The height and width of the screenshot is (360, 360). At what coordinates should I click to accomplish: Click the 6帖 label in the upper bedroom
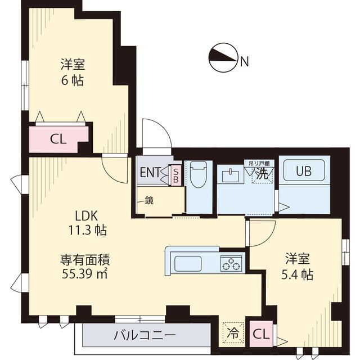coord(73,80)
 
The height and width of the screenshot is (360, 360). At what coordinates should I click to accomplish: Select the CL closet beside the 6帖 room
coord(58,138)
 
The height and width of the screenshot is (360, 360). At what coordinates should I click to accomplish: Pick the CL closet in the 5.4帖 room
coord(260,334)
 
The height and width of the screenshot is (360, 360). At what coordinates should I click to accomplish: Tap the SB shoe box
coord(175,173)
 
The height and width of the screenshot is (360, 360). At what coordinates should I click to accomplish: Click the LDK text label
coord(87,215)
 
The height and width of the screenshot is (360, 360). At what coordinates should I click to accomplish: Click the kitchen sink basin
coord(188,263)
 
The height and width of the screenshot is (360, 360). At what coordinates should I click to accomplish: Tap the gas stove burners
coord(231,263)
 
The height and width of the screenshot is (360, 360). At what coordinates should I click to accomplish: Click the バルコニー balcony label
coord(145,336)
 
